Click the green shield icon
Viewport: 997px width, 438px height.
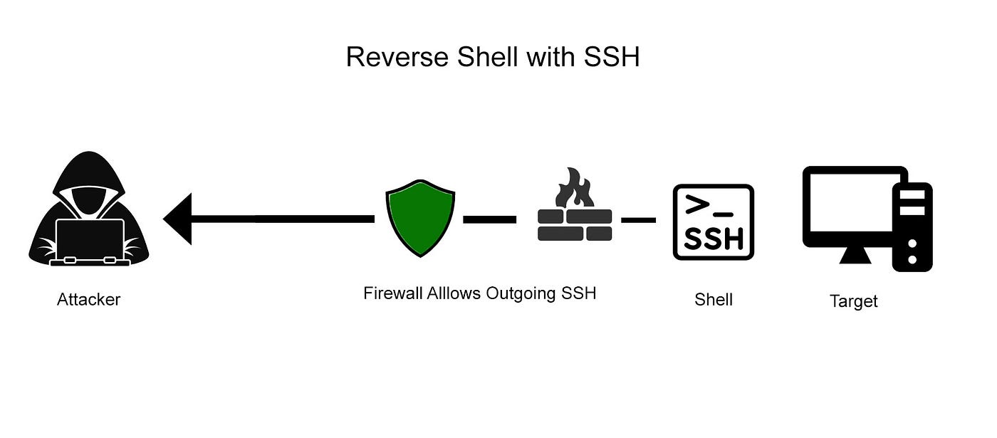(420, 218)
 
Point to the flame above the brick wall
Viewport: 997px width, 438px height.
(575, 189)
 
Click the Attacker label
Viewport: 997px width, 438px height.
(88, 299)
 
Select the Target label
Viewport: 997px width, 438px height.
(853, 301)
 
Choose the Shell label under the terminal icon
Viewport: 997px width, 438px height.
(713, 299)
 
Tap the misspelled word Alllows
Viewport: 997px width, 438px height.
(454, 293)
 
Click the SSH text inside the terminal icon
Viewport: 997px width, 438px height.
(713, 239)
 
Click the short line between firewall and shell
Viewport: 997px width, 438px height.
(638, 220)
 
